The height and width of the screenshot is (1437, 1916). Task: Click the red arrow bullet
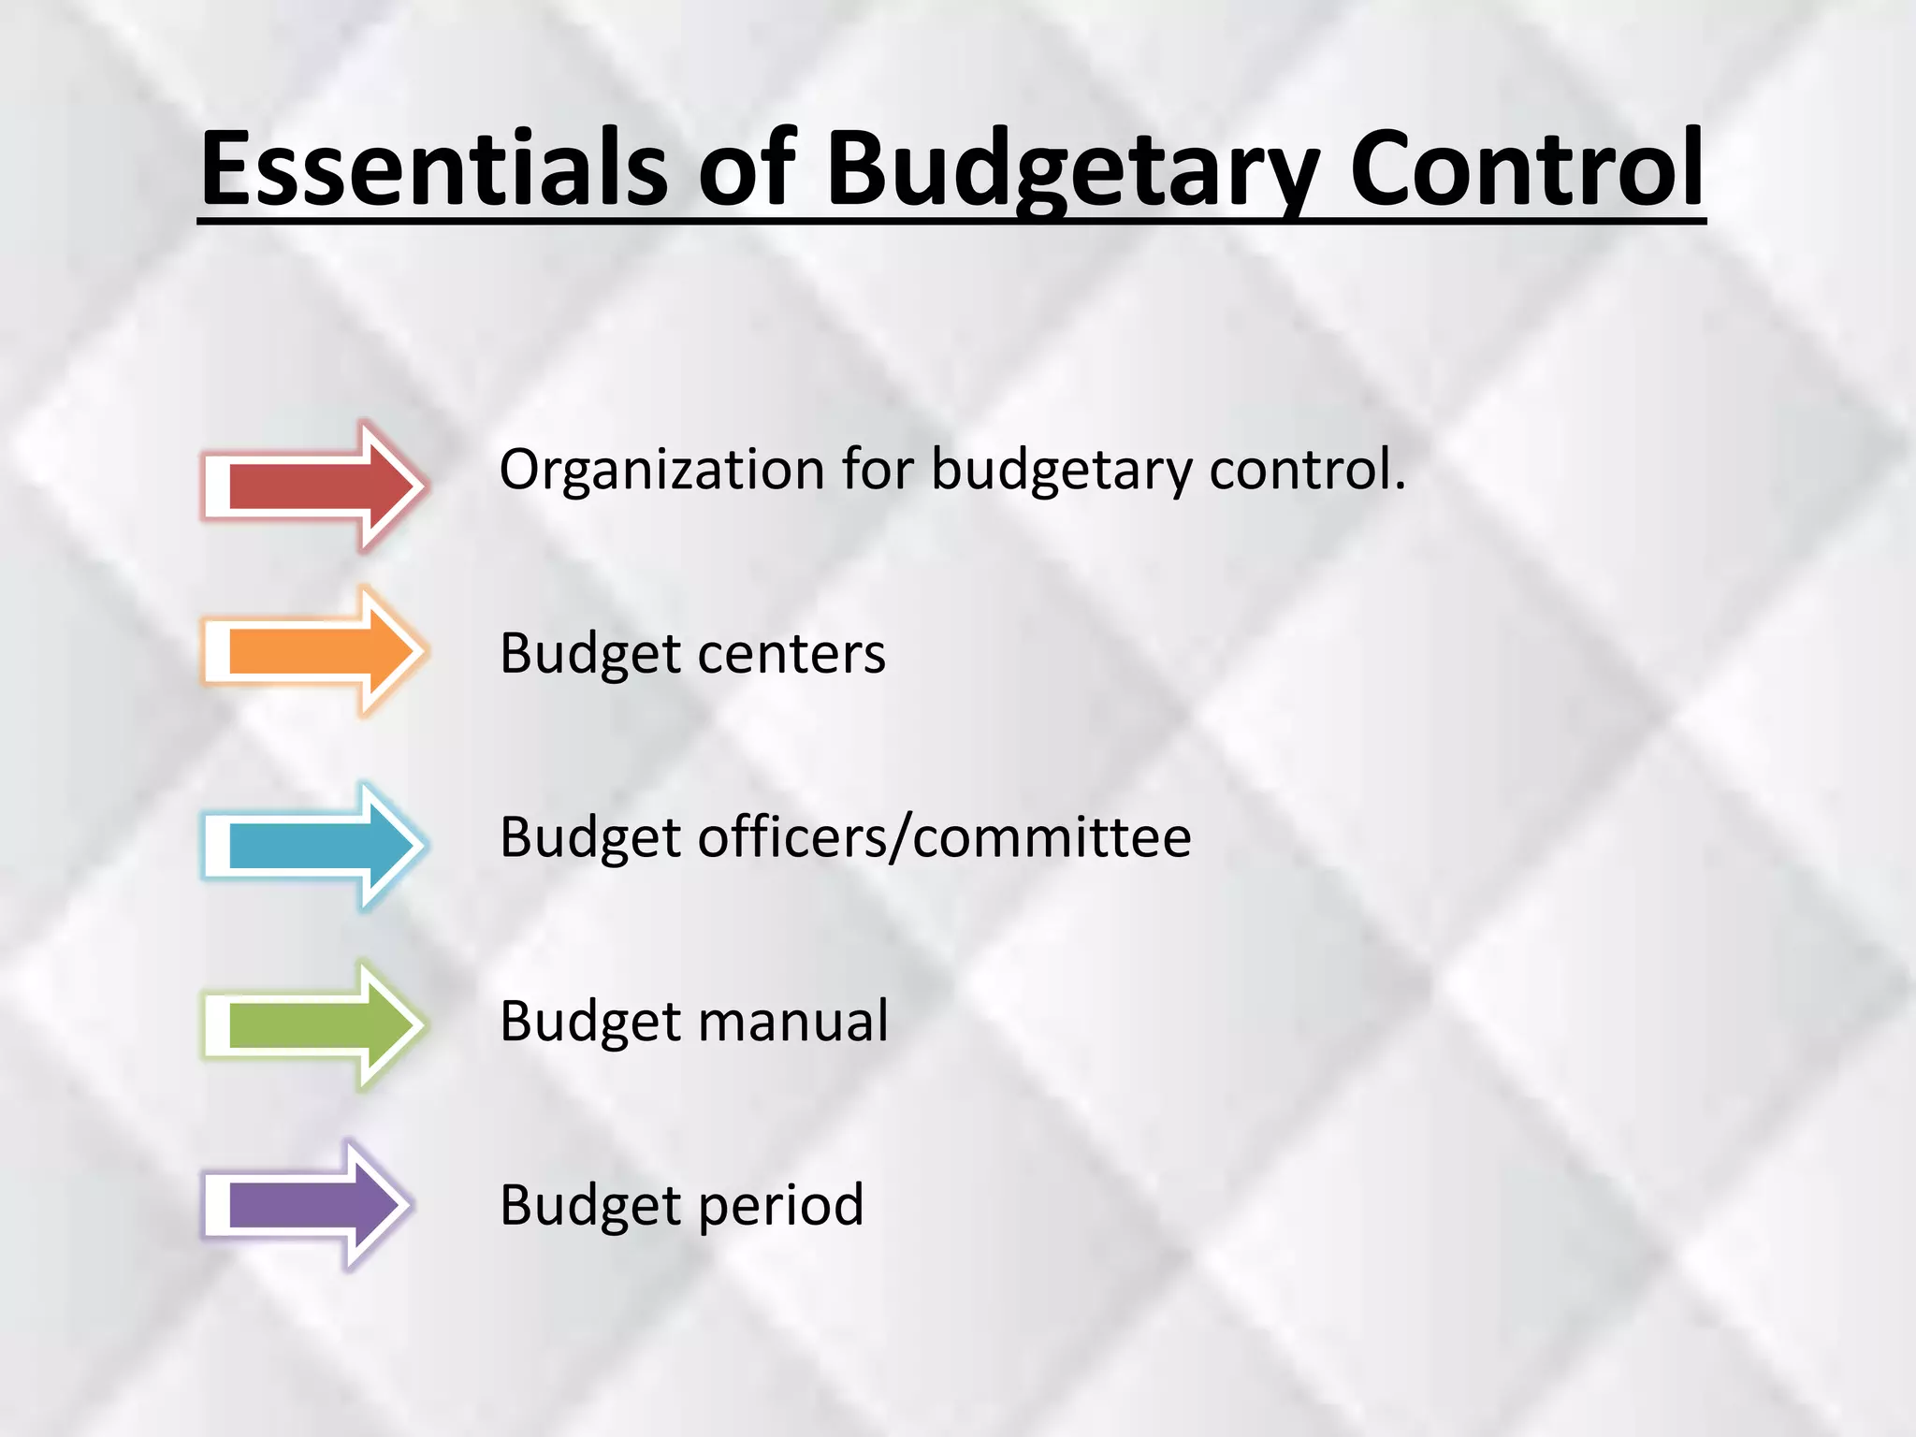pos(313,486)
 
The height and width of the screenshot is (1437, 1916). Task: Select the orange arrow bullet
pos(313,651)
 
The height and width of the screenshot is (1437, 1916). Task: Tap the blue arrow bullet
pos(313,846)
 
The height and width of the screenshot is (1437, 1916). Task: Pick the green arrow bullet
pos(313,1025)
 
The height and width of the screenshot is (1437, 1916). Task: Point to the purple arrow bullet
pos(307,1205)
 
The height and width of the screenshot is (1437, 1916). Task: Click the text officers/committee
pos(944,837)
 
